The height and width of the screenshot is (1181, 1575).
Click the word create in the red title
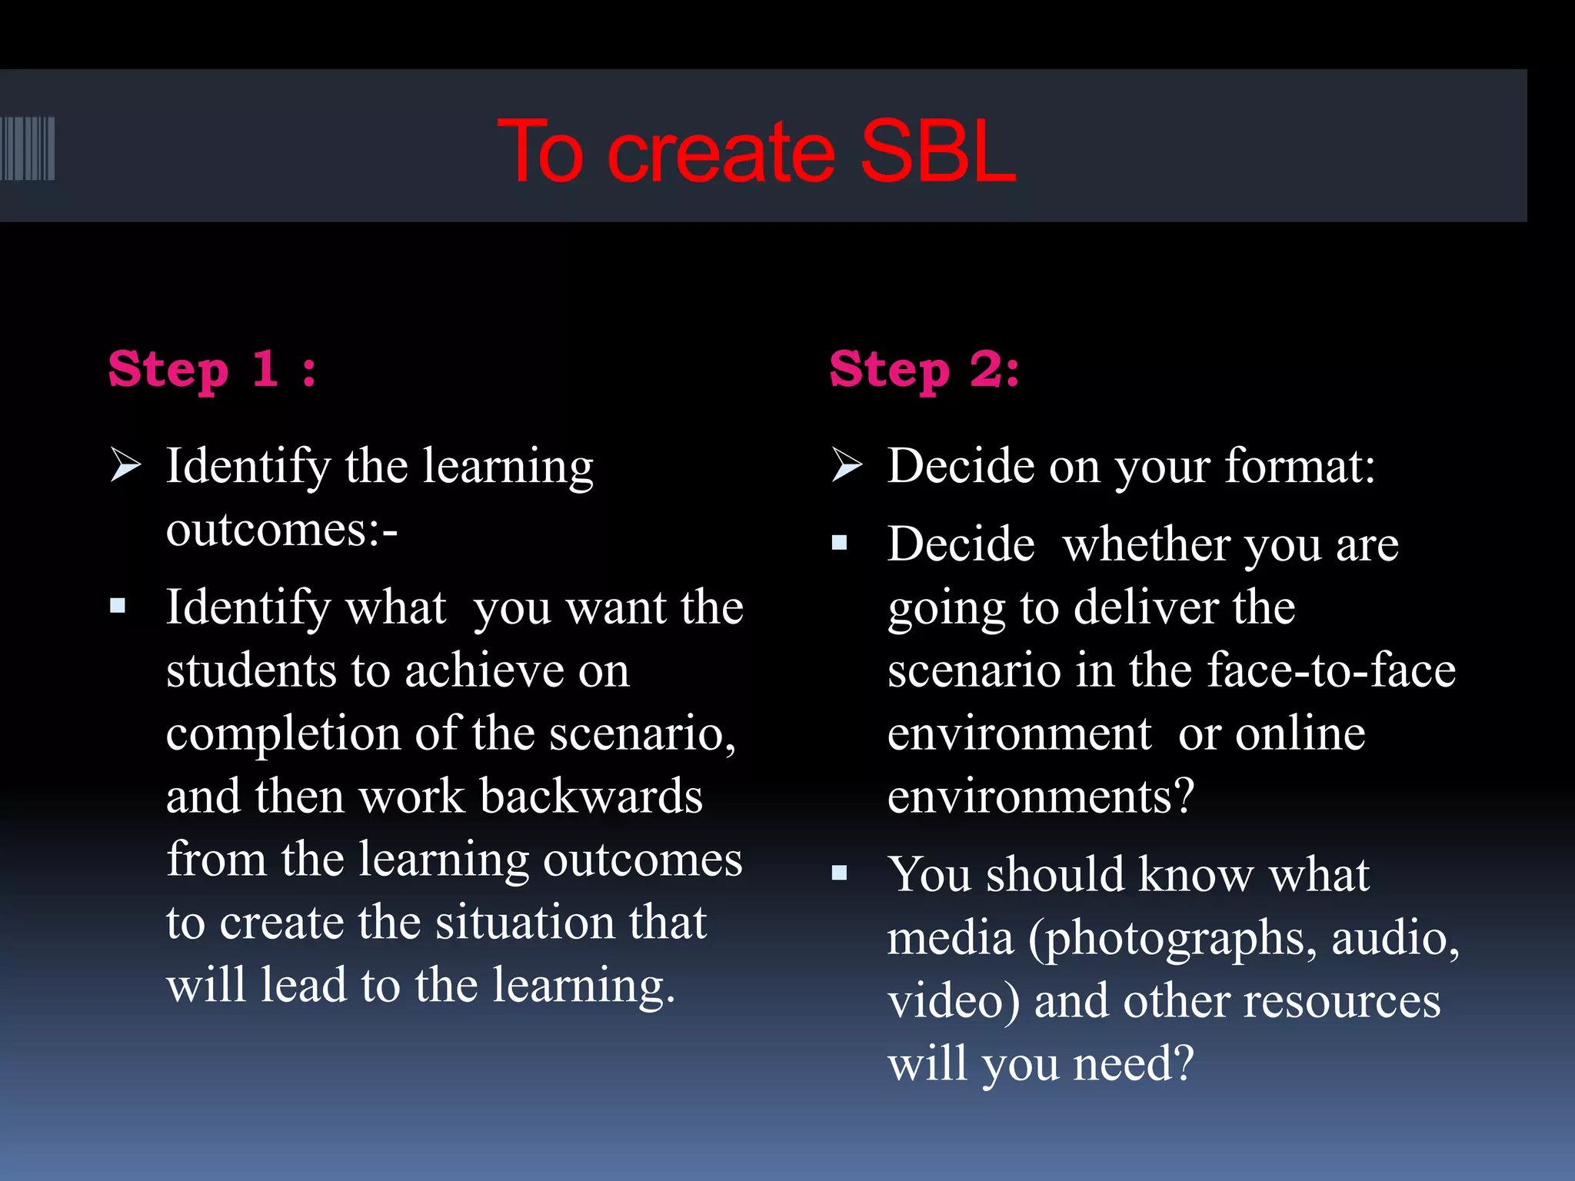pyautogui.click(x=721, y=153)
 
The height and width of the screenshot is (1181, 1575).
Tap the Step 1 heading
pyautogui.click(x=212, y=370)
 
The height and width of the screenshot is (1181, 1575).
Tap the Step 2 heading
pyautogui.click(x=924, y=370)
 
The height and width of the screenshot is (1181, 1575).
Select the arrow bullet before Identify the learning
pyautogui.click(x=125, y=465)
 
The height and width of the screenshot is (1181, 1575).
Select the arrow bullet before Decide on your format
pyautogui.click(x=847, y=465)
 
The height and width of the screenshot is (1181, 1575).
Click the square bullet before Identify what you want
pyautogui.click(x=118, y=607)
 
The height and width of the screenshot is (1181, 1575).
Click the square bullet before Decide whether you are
pyautogui.click(x=839, y=544)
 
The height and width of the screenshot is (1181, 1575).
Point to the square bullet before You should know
pyautogui.click(x=839, y=873)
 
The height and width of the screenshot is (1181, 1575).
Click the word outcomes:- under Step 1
pyautogui.click(x=281, y=531)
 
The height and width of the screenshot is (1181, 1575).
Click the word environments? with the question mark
pyautogui.click(x=1041, y=797)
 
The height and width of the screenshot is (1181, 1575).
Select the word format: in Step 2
pyautogui.click(x=1299, y=467)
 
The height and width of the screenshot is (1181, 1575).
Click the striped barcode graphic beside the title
pyautogui.click(x=28, y=148)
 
